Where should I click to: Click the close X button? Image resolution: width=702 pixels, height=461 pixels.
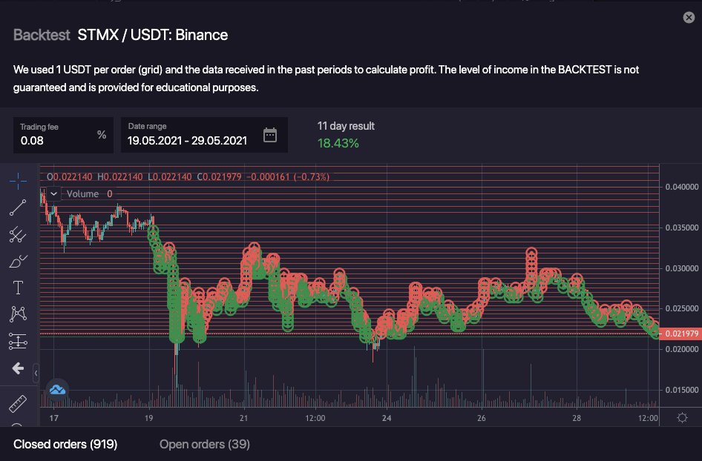point(689,18)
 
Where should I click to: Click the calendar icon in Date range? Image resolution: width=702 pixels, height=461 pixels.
point(270,135)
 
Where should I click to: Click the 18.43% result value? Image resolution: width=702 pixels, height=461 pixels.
point(338,142)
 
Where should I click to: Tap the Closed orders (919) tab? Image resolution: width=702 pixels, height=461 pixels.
point(65,444)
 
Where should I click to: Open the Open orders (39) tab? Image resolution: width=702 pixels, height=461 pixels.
point(205,444)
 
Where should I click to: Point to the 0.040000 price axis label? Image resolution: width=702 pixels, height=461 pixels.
point(682,186)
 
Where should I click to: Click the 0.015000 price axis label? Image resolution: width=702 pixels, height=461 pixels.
point(682,390)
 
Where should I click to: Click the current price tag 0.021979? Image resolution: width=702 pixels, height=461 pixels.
point(682,334)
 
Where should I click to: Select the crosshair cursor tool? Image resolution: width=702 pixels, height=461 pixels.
point(18,180)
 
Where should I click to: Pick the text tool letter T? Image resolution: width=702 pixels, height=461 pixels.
point(18,288)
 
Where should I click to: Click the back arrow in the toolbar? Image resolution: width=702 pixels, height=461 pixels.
point(18,368)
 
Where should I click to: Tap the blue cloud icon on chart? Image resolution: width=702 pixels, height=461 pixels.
point(57,388)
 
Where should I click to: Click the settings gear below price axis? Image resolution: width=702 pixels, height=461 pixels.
point(682,417)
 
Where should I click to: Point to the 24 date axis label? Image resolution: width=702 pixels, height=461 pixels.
point(387,418)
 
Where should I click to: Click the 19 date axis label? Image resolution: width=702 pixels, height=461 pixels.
point(150,418)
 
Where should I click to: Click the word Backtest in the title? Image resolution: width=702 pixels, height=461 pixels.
point(42,35)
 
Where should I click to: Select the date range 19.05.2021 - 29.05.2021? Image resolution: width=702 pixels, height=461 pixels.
point(187,140)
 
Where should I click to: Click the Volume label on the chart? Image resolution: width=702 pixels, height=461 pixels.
point(82,193)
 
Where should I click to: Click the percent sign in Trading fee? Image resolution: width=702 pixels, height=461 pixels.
point(102,135)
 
